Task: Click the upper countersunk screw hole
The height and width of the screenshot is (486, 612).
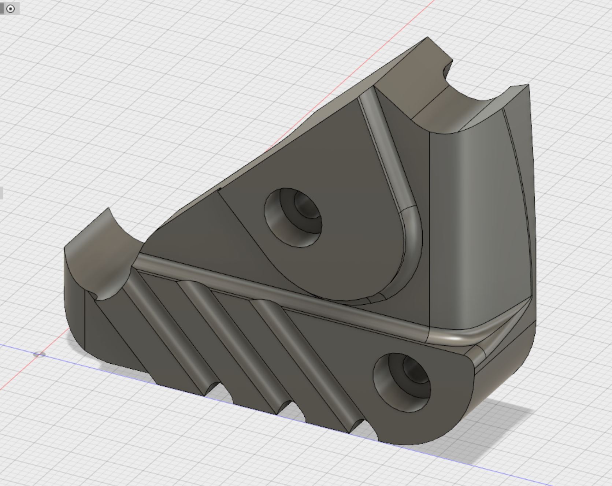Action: (293, 217)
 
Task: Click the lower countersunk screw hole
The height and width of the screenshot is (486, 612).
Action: (402, 382)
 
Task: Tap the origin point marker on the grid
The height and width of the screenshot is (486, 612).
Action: (40, 354)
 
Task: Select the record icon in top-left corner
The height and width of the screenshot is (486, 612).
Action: (11, 9)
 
